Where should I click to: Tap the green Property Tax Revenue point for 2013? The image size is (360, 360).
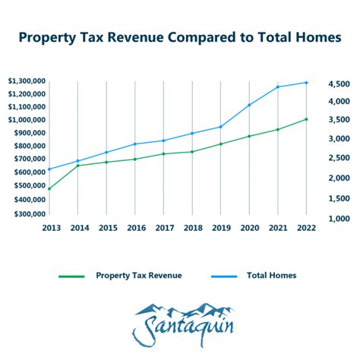coord(49,188)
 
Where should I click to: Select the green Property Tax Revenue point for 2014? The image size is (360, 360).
coord(78,166)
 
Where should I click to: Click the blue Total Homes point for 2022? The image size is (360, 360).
coord(306,83)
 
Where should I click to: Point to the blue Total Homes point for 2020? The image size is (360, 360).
coord(249,105)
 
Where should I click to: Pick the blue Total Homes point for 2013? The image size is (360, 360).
coord(49,169)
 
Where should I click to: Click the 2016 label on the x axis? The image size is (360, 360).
coord(135,227)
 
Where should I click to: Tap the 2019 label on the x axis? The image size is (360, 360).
coord(220,227)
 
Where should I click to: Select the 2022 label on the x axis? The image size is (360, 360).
coord(306,227)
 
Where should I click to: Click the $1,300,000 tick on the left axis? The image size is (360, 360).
coord(25,81)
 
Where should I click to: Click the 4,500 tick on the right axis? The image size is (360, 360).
coord(337,84)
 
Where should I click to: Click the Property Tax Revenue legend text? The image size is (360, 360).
coord(138,276)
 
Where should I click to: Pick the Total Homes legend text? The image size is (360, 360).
coord(271,276)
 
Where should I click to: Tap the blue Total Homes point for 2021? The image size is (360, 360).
coord(277,87)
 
